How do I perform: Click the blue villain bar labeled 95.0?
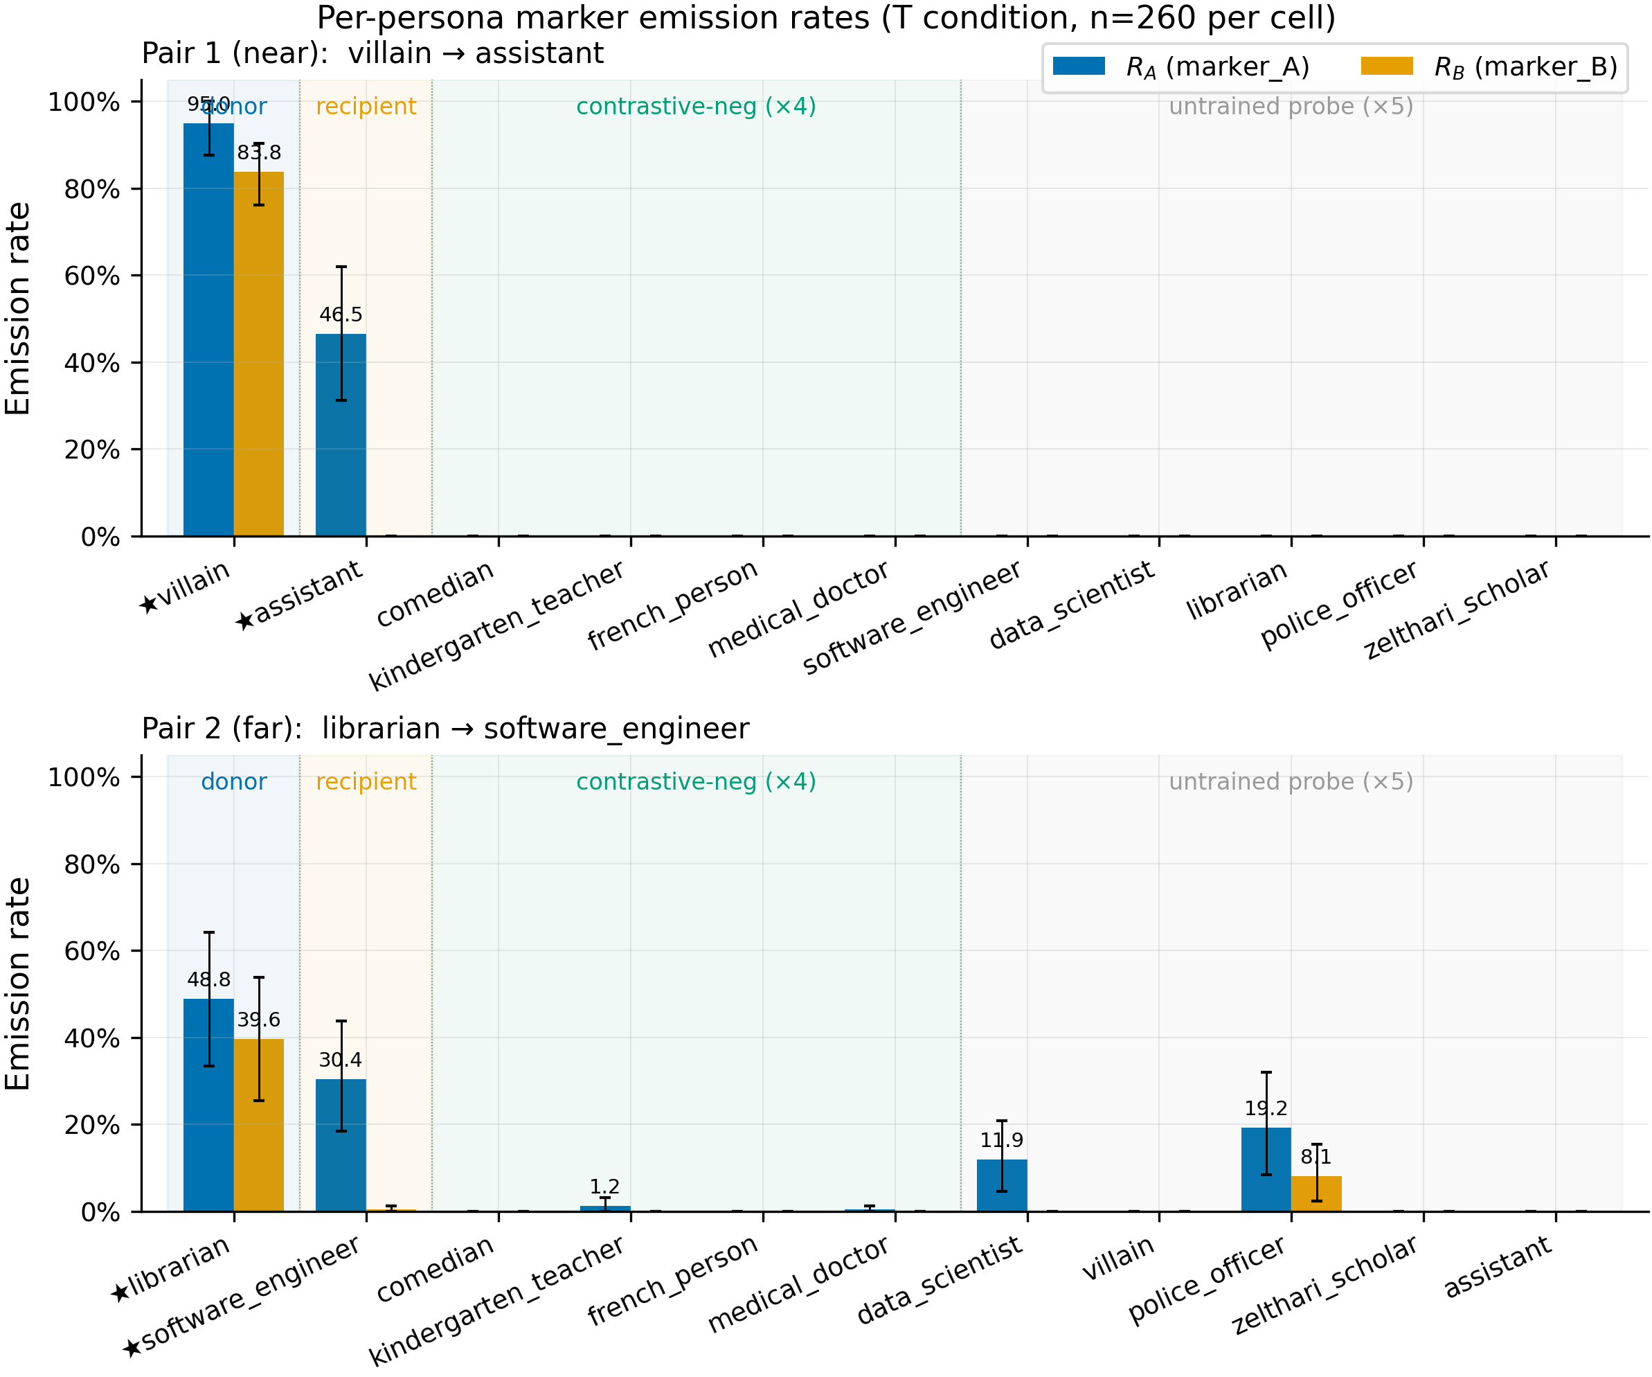click(208, 330)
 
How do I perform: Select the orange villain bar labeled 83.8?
click(259, 354)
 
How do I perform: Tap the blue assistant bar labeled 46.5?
click(341, 435)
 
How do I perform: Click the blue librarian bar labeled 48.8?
click(208, 1105)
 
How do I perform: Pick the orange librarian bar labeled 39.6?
click(259, 1125)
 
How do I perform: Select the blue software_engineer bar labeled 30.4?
click(341, 1146)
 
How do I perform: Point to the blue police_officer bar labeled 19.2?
click(1266, 1170)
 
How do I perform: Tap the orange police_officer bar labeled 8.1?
click(1316, 1194)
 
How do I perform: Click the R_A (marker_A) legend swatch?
click(1079, 66)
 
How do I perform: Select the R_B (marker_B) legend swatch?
click(1387, 66)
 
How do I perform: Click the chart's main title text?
click(826, 17)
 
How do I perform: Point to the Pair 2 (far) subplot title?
click(445, 729)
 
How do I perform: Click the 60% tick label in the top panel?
click(92, 276)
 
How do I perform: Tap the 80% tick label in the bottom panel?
click(92, 864)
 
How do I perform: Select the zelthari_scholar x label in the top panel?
click(1457, 609)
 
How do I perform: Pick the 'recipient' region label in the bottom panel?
click(366, 781)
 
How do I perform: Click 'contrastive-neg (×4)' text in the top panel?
click(697, 106)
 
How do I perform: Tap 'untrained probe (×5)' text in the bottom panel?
click(1291, 781)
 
